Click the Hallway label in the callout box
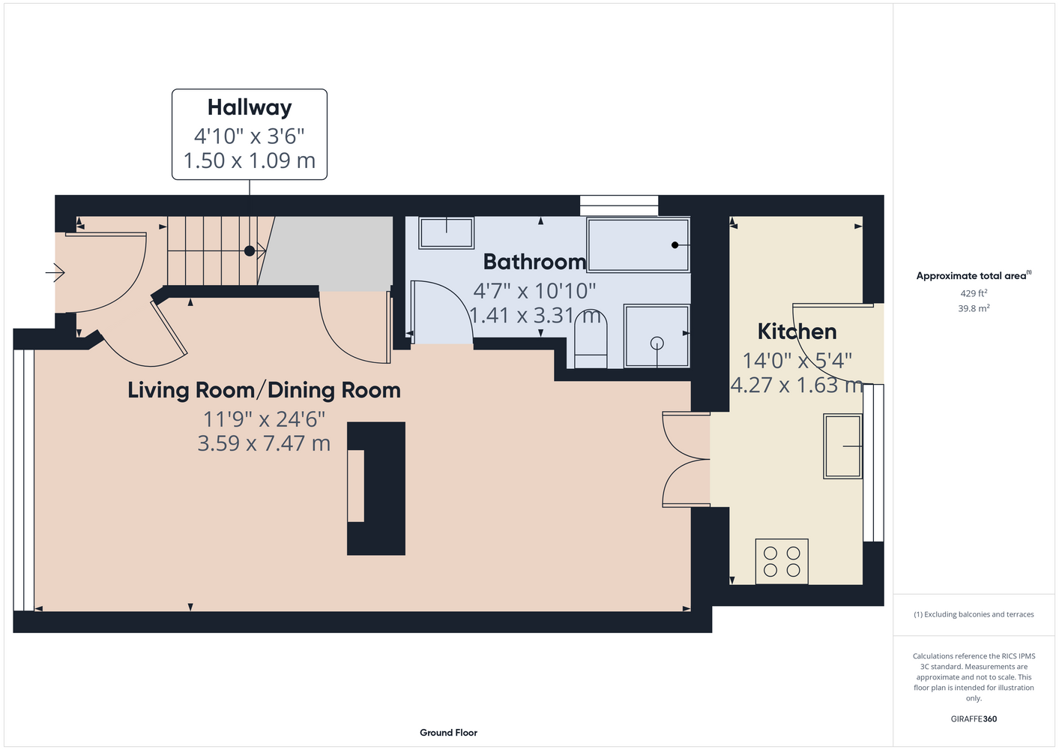tap(250, 107)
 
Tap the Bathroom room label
tap(534, 262)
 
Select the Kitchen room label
tap(797, 331)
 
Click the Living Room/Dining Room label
tap(265, 391)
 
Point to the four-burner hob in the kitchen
tap(782, 561)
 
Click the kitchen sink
tap(842, 446)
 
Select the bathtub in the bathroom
tap(639, 244)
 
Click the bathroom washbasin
tap(446, 232)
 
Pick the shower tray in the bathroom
tap(657, 336)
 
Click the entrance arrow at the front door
tap(55, 272)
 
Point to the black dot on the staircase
tap(250, 250)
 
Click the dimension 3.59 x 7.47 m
tap(264, 444)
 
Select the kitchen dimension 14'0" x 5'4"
tap(797, 361)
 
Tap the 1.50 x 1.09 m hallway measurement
tap(249, 160)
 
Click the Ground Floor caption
tap(449, 733)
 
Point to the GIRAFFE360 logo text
tap(974, 718)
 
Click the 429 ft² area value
tap(974, 293)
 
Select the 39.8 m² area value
tap(974, 308)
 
